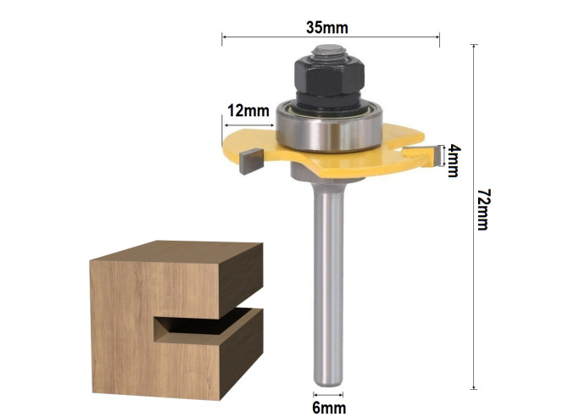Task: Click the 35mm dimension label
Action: tap(327, 26)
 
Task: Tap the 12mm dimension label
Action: tap(248, 110)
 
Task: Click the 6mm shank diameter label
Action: tap(330, 407)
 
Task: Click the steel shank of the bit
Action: tap(329, 280)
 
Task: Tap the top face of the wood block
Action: tap(174, 254)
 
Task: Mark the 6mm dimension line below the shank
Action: tap(329, 394)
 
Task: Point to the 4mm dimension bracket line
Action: tap(445, 158)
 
